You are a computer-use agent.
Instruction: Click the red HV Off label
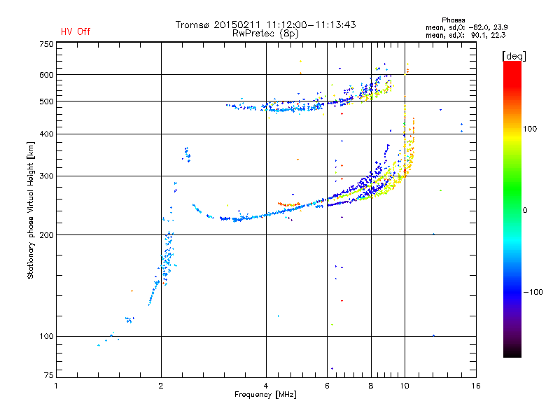[76, 31]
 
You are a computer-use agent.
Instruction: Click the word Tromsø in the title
[192, 24]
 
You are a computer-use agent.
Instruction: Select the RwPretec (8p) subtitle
[265, 34]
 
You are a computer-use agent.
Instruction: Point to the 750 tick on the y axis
[46, 44]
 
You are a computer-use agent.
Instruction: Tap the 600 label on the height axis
[46, 75]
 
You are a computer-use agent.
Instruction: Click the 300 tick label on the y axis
[46, 176]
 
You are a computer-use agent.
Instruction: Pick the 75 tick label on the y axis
[49, 375]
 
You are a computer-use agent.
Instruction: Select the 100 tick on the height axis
[46, 337]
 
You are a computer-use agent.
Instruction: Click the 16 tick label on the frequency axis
[476, 386]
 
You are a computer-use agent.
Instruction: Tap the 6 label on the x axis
[327, 386]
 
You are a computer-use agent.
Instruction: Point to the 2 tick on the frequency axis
[161, 386]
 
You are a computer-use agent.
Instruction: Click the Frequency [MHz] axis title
[265, 395]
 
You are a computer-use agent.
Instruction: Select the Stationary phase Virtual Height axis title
[31, 211]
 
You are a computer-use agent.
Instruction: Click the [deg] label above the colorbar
[514, 57]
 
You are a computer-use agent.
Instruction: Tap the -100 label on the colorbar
[533, 292]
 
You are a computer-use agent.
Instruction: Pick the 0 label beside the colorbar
[525, 211]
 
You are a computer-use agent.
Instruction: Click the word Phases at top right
[454, 20]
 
